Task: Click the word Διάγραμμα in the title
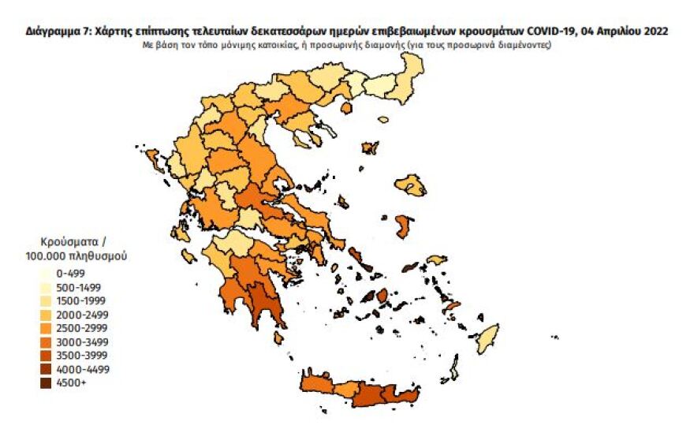point(54,32)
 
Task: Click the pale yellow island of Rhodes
point(487,340)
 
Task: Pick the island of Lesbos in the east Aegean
point(412,186)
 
